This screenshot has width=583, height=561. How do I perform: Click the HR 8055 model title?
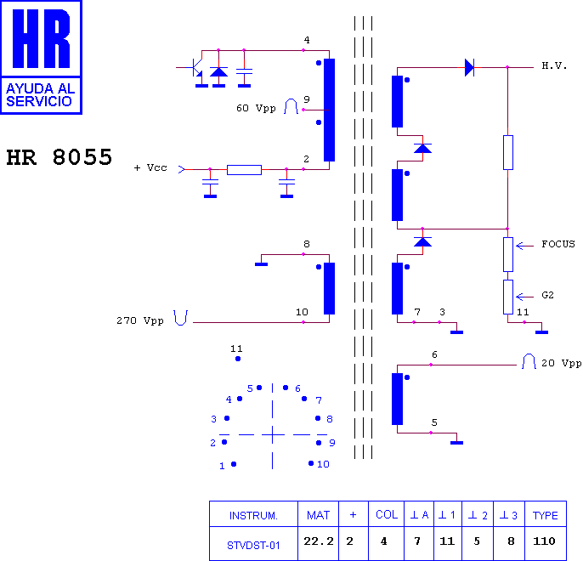click(x=59, y=157)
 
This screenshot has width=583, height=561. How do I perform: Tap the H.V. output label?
click(x=554, y=65)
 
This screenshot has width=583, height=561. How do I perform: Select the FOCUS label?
click(x=558, y=244)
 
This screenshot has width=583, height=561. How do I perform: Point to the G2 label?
click(x=547, y=295)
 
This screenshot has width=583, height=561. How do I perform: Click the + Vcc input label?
click(x=150, y=167)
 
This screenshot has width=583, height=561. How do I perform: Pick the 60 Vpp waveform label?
click(x=256, y=108)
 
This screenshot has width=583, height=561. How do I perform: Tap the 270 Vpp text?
click(x=140, y=320)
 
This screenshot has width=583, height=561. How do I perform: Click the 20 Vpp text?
click(x=562, y=363)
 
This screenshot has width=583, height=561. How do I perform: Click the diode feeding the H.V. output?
click(x=470, y=68)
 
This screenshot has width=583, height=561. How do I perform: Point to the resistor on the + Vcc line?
click(x=244, y=170)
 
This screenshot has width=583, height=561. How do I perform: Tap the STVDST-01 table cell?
click(x=253, y=546)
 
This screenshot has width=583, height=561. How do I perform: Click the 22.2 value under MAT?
click(x=319, y=541)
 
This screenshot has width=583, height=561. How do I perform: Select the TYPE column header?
click(x=545, y=516)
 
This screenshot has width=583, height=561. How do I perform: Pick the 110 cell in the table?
click(x=544, y=541)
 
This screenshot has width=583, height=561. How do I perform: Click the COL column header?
click(x=387, y=514)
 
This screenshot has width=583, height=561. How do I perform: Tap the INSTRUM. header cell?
click(x=253, y=516)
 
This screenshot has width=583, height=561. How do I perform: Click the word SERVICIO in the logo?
click(x=39, y=101)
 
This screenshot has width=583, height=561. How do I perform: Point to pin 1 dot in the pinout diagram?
click(x=234, y=464)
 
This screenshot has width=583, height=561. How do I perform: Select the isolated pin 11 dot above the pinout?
click(x=238, y=359)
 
